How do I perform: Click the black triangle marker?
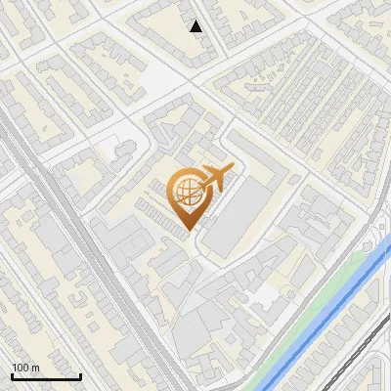(x=196, y=26)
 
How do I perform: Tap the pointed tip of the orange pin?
(x=187, y=229)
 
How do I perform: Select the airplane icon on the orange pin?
(x=214, y=179)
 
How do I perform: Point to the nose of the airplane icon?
(x=234, y=170)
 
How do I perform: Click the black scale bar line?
(x=45, y=376)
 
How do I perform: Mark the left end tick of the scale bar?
(x=11, y=374)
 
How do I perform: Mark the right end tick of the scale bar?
(x=79, y=374)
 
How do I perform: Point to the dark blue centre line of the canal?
(x=328, y=317)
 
